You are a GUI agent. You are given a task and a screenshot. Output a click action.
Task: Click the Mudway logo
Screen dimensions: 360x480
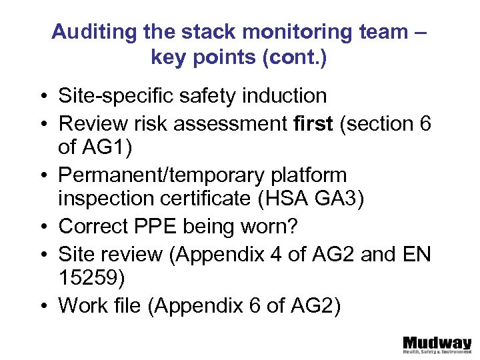(x=437, y=343)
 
